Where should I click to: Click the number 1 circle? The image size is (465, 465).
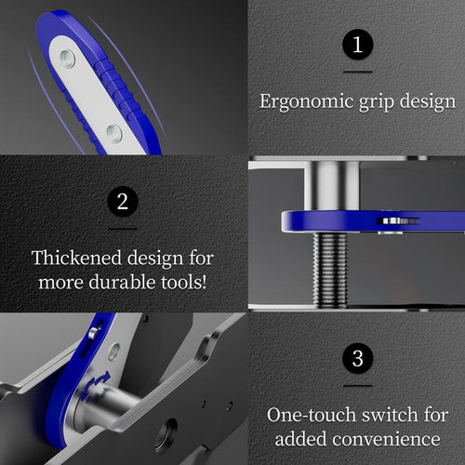357,45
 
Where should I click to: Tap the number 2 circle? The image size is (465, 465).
123,201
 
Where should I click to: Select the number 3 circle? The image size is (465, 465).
357,358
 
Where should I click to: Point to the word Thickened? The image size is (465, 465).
73,257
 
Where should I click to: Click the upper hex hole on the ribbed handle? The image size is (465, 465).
68,59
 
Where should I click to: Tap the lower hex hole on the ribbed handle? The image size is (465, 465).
113,132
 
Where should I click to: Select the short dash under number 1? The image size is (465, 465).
357,73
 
